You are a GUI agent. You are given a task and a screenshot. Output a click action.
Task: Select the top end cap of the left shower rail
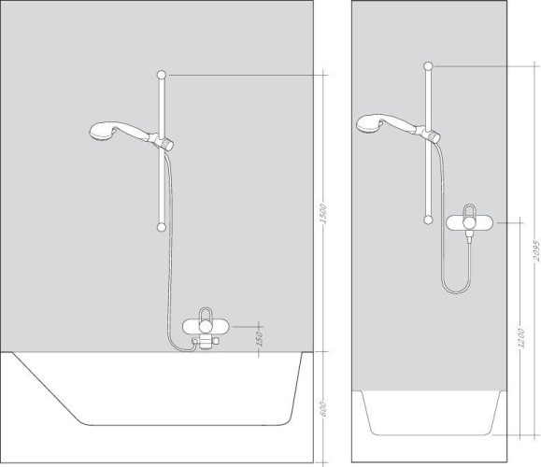point(164,74)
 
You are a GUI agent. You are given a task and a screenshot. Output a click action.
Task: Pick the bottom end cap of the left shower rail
point(164,225)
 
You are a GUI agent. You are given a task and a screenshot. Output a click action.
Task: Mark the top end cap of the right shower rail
point(428,65)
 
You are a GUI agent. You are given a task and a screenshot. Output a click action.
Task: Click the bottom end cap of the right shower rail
point(428,219)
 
